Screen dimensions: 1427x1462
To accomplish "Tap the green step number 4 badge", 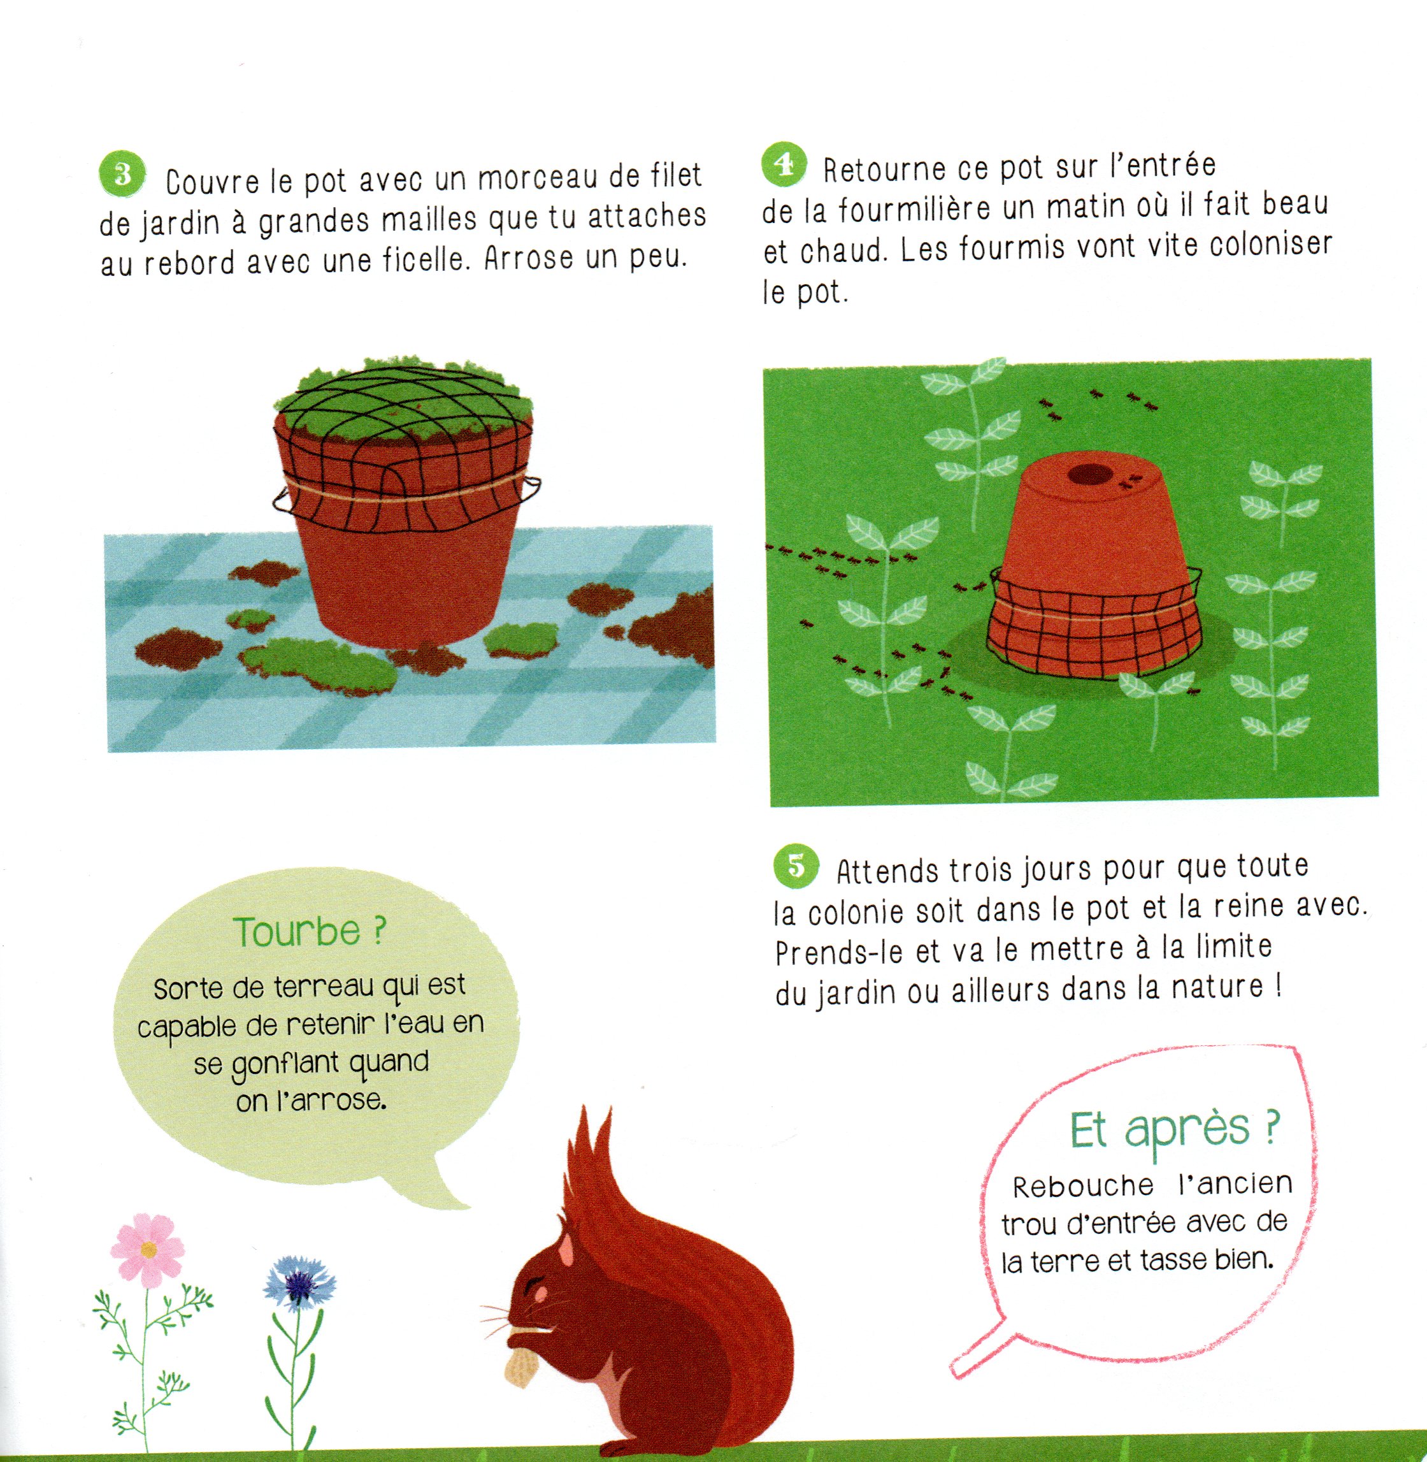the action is [784, 165].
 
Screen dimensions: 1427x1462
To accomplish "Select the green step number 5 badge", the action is [796, 866].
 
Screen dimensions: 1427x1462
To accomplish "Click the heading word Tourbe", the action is [297, 932].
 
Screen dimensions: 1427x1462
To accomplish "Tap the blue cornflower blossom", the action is [300, 1287].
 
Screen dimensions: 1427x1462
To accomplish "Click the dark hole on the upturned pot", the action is [1089, 474].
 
